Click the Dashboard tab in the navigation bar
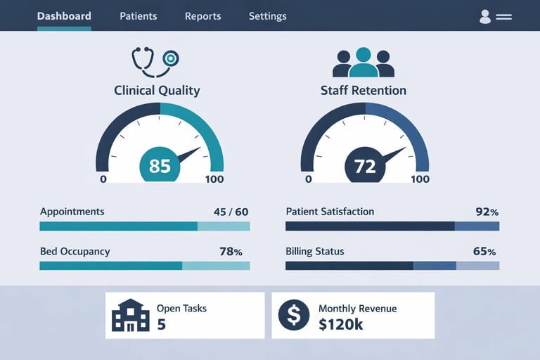coord(64,16)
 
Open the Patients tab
coord(139,16)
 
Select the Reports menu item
coord(202,16)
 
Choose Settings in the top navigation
coord(267,16)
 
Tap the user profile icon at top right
coord(485,16)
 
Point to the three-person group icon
coord(363,63)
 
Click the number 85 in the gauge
coord(160,166)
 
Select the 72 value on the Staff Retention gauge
coord(365,167)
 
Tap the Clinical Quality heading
coord(157,90)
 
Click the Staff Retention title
coord(363,90)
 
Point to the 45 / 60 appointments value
coord(231,212)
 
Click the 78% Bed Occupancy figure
coord(231,252)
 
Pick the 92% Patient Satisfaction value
coord(487,212)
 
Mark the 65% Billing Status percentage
coord(484,252)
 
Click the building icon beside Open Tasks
coord(131,315)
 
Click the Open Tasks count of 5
coord(161,324)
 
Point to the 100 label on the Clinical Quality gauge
coord(214,179)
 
